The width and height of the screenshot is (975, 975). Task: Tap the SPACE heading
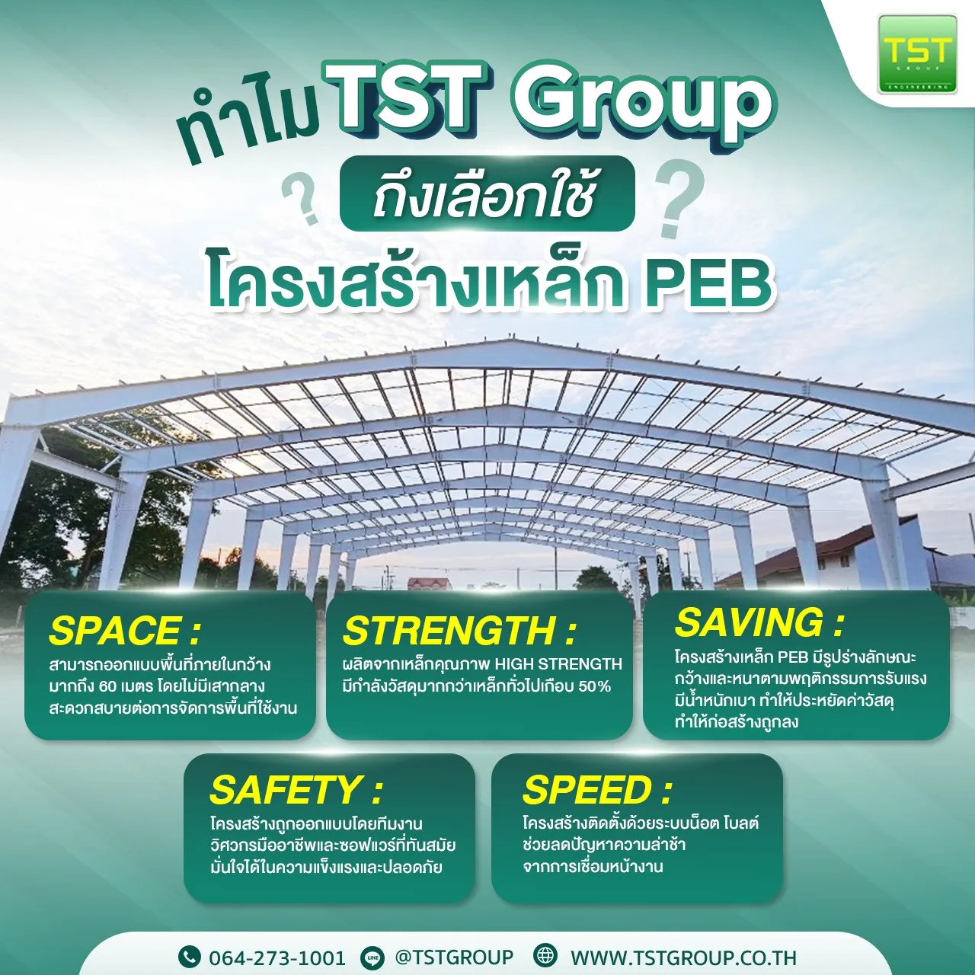(x=124, y=631)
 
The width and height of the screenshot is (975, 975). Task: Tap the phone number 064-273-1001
(x=277, y=957)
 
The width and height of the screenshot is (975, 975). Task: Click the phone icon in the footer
(x=189, y=957)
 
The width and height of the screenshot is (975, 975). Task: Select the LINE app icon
(x=373, y=957)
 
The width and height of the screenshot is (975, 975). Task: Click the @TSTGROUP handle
(x=454, y=957)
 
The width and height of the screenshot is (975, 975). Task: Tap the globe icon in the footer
(x=545, y=956)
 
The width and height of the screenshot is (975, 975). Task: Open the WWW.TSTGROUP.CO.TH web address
(x=683, y=957)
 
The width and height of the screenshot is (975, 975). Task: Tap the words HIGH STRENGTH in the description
(x=558, y=664)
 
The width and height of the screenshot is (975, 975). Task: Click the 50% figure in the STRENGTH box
(x=594, y=686)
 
